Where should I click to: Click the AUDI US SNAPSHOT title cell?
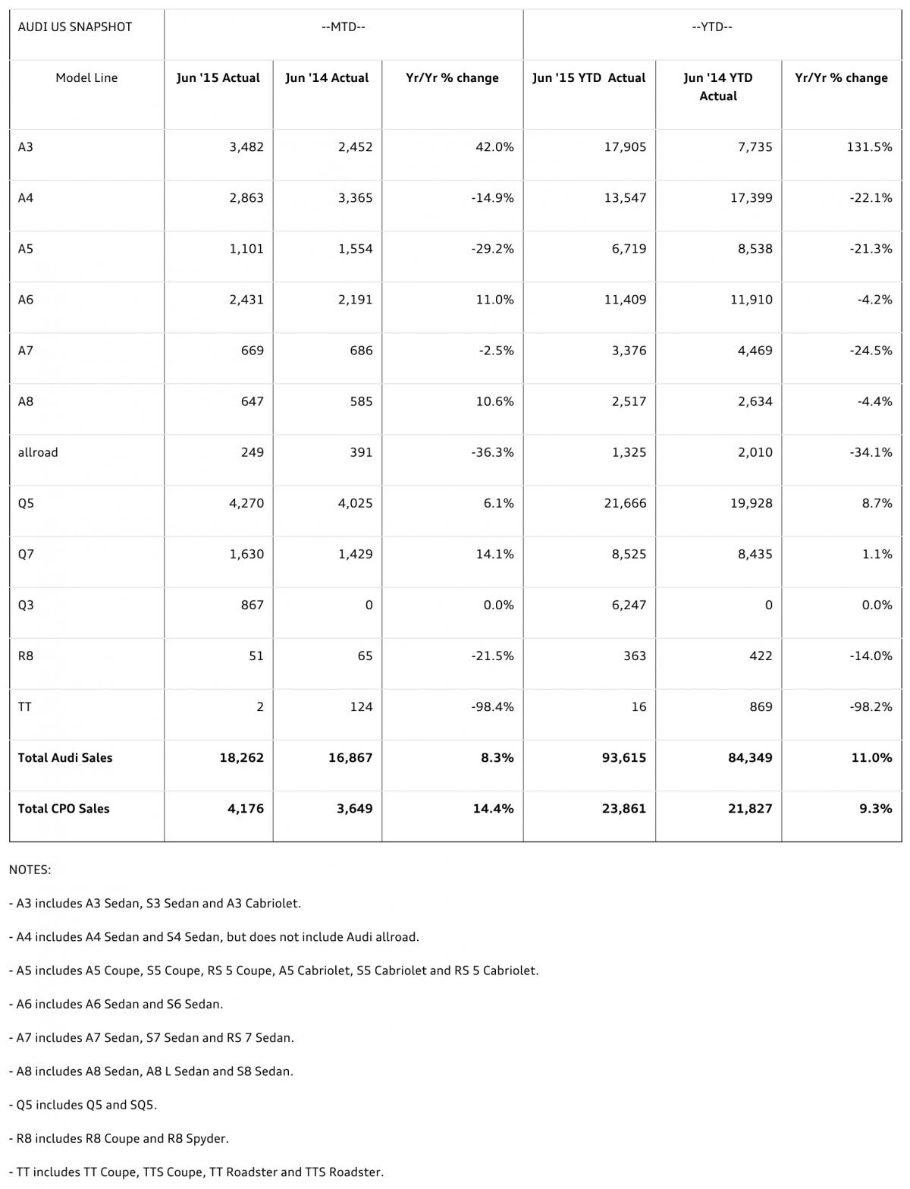74,27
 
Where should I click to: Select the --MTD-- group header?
344,27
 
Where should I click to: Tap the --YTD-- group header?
712,27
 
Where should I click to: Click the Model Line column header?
86,77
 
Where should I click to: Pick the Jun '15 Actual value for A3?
246,147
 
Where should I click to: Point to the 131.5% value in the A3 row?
869,147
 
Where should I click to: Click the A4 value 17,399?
751,198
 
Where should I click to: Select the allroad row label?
38,452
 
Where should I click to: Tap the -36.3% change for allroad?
492,452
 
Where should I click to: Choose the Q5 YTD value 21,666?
625,503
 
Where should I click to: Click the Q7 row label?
26,554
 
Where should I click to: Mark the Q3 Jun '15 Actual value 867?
252,605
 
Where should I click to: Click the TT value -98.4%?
492,706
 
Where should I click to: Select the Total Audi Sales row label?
65,757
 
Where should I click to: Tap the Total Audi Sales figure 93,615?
623,757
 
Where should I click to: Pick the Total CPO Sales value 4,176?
246,808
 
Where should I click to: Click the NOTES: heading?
30,870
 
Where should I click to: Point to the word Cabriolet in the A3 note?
272,904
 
